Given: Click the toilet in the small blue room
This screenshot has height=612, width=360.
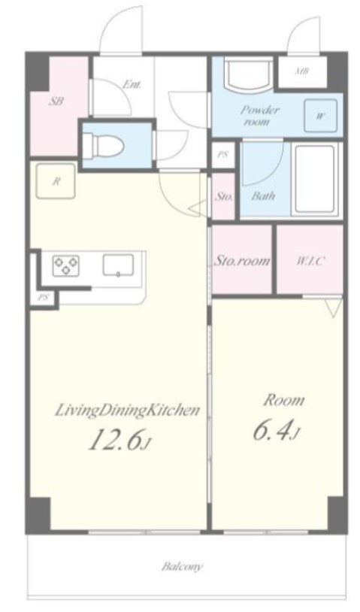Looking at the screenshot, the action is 104,146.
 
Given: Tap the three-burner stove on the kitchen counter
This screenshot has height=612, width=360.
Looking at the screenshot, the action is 66,265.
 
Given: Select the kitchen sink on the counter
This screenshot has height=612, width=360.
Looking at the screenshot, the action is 118,265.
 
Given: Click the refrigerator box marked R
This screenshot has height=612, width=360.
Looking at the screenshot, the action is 56,180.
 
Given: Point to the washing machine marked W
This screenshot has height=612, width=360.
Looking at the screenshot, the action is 320,116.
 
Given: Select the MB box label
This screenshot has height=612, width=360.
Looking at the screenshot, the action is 302,71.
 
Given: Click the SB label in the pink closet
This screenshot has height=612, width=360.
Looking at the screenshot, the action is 56,101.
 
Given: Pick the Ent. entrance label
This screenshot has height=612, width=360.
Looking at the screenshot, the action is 132,84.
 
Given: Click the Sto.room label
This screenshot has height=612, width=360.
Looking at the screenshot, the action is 242,261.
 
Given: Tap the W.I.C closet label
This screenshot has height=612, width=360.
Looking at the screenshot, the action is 310,261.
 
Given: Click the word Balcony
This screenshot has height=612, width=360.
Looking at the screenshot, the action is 182,566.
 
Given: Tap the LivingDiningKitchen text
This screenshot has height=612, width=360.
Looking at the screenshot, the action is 127,411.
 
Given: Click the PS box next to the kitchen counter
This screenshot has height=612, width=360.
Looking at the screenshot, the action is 43,298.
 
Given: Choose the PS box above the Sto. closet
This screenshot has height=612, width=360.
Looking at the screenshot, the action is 222,155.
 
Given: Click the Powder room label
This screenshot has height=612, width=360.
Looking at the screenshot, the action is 259,115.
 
